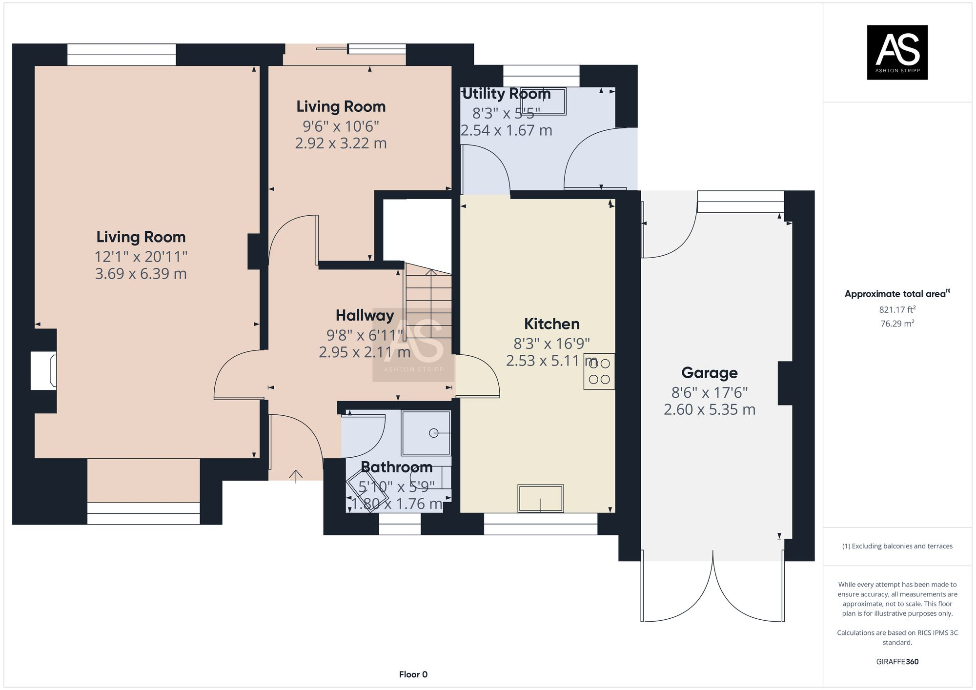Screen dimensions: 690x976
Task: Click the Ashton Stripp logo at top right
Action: point(897,52)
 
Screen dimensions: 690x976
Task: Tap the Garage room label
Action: point(709,373)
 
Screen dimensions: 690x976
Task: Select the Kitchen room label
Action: point(551,324)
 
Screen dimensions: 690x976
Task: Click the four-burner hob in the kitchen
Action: point(599,371)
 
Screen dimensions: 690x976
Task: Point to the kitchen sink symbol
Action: point(541,498)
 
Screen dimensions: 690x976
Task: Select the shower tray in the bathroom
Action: point(426,433)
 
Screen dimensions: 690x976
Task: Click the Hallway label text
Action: point(365,316)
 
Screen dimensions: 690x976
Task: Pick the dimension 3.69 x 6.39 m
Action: point(141,274)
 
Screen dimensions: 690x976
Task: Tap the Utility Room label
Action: point(506,94)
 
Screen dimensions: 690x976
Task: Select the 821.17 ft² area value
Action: point(897,309)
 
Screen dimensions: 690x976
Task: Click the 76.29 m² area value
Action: point(897,324)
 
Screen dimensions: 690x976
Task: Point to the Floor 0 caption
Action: point(413,674)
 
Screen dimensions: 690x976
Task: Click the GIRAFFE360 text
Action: point(897,662)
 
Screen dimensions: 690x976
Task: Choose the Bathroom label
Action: point(396,467)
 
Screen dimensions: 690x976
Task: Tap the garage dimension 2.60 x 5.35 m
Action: point(709,409)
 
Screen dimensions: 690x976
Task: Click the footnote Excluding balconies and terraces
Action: point(897,546)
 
